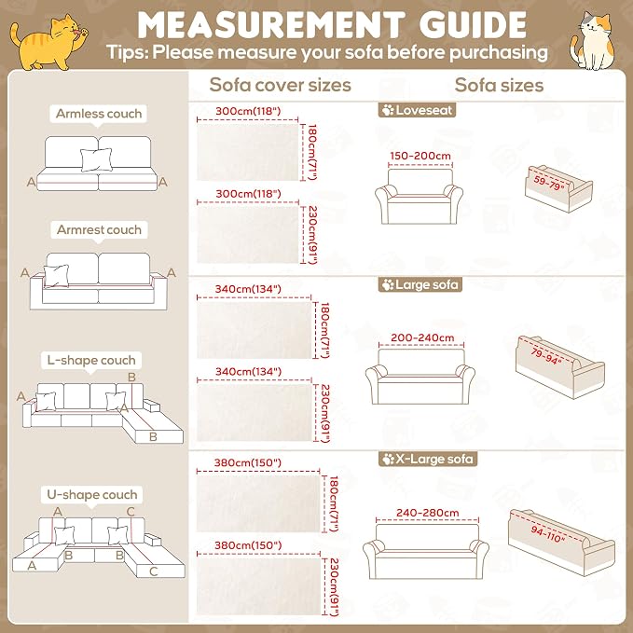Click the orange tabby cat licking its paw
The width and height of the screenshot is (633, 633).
[x=48, y=42]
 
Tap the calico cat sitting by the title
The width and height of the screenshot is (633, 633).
[x=592, y=40]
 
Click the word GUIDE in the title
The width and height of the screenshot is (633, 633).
[x=473, y=25]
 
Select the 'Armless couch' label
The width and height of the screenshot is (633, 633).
[x=99, y=114]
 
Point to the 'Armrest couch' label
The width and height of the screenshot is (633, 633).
[x=99, y=229]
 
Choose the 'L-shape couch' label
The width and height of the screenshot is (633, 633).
[x=91, y=360]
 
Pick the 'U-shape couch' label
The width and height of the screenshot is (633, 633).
[x=92, y=494]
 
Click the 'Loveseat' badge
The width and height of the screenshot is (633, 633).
[x=417, y=110]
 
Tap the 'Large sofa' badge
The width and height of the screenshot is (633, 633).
[x=420, y=284]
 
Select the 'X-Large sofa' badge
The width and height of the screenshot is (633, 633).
[x=428, y=459]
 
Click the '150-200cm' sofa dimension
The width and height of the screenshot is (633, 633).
[x=420, y=156]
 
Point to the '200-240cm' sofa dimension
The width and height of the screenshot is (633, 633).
[x=422, y=337]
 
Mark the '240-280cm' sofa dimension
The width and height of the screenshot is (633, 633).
[x=428, y=513]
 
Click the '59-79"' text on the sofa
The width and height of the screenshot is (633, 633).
[x=548, y=183]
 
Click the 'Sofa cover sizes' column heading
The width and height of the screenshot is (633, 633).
[x=281, y=85]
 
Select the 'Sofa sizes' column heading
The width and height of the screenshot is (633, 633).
[x=499, y=85]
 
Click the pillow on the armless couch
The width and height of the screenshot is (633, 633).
[x=96, y=159]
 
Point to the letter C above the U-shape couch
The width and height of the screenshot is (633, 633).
[x=131, y=512]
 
